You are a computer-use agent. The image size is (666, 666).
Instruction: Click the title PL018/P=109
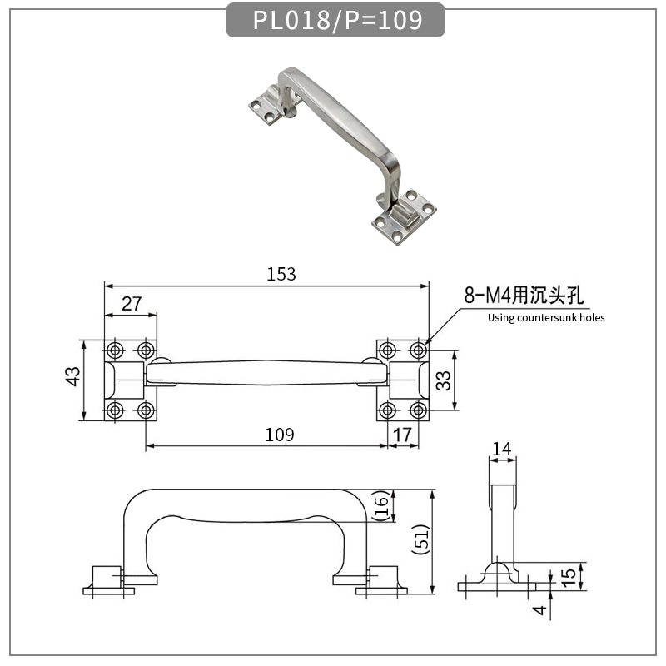click(x=336, y=19)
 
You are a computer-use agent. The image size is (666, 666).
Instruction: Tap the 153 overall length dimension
click(x=281, y=274)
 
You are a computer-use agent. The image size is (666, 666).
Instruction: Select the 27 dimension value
click(x=131, y=304)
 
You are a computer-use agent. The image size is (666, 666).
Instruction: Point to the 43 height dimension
click(x=74, y=379)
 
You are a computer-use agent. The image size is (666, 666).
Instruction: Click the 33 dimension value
click(x=444, y=380)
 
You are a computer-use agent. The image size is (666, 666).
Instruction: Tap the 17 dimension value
click(x=403, y=435)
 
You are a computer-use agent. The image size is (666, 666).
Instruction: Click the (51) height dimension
click(x=421, y=542)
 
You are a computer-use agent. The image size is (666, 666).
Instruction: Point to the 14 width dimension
click(x=502, y=450)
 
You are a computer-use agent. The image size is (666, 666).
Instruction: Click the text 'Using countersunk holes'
click(x=546, y=317)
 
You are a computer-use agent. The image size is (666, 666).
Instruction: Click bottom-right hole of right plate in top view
click(x=418, y=410)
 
